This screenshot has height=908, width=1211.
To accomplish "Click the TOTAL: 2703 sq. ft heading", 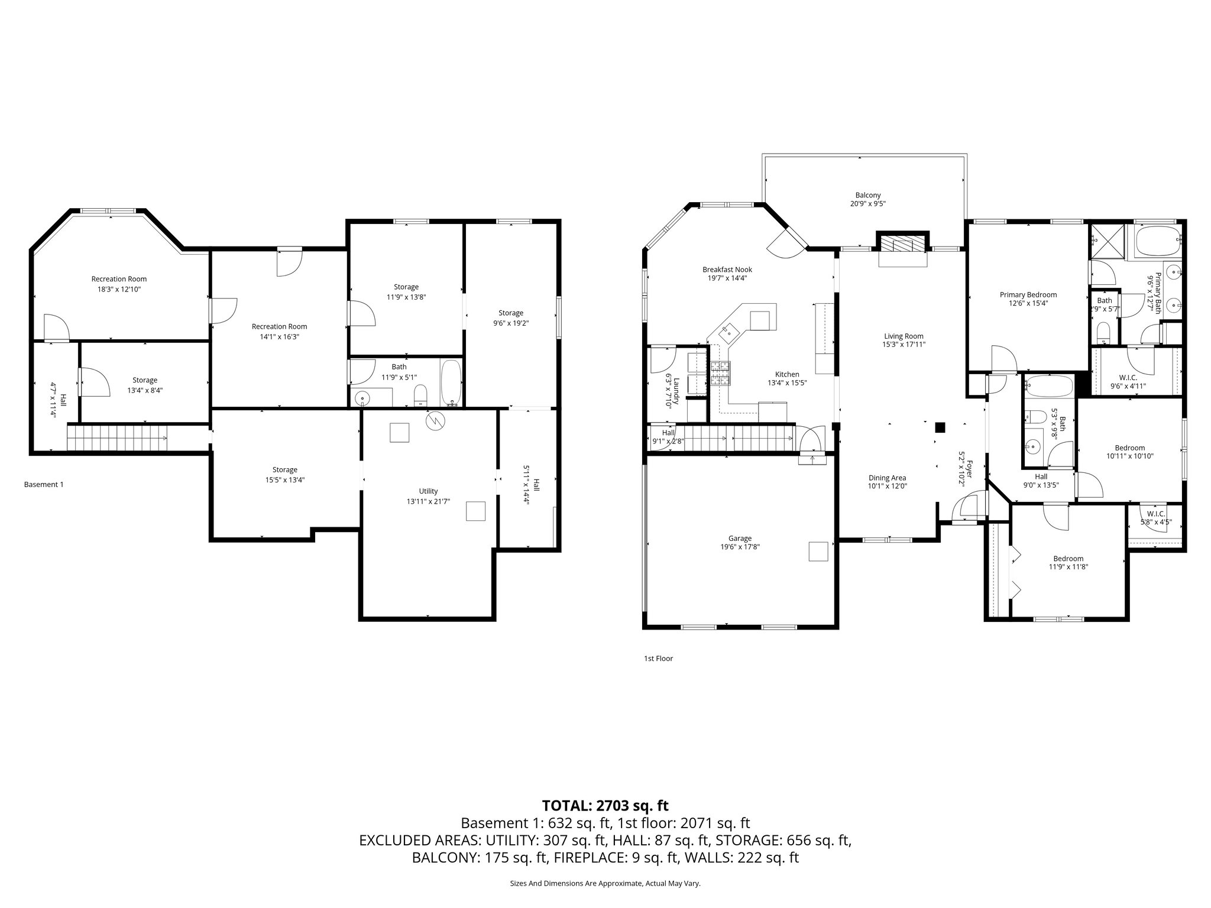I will (x=605, y=805).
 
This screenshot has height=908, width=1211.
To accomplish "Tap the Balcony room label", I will (x=867, y=195).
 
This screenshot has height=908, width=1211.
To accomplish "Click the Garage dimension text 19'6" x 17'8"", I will (x=740, y=547).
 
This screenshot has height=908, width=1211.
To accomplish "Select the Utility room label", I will (x=428, y=491).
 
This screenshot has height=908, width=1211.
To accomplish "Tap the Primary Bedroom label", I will (x=1028, y=294).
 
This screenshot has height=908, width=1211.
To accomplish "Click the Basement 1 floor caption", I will (x=44, y=484).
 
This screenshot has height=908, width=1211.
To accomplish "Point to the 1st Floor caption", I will (x=658, y=658).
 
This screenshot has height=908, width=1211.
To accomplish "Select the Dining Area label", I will (x=887, y=478).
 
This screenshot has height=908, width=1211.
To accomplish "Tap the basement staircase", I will (x=117, y=438).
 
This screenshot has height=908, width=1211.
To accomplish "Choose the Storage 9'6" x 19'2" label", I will (x=510, y=313).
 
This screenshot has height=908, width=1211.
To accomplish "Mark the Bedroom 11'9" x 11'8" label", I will (x=1068, y=559).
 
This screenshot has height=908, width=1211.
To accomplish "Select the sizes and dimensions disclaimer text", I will (x=605, y=883).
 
